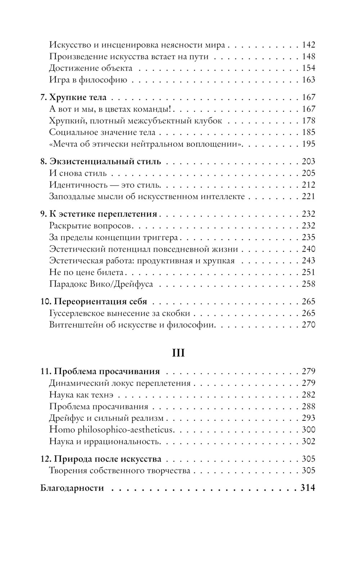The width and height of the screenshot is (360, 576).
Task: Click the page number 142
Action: point(309,45)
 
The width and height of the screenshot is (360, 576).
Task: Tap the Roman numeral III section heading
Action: point(179,353)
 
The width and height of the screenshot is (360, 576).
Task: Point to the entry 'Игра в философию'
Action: point(88,80)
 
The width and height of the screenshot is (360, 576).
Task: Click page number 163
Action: point(309,80)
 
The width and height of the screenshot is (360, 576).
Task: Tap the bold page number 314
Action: point(308,488)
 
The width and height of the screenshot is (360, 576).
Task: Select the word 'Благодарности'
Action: point(72,488)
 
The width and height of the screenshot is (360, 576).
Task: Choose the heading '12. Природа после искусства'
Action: point(101,459)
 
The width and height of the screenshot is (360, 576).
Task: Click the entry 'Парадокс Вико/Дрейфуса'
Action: point(101,284)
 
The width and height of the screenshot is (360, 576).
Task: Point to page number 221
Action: point(309,197)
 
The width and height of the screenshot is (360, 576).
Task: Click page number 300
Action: point(309,430)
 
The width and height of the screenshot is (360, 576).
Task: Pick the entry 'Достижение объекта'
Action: point(91,68)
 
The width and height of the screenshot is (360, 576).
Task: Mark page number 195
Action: point(309,144)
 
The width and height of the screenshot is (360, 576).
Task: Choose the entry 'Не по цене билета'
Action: point(86,273)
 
